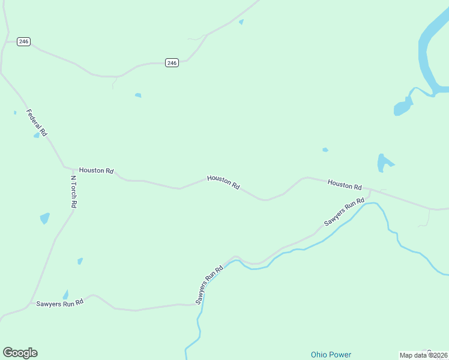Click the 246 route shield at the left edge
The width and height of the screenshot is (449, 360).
pos(23,41)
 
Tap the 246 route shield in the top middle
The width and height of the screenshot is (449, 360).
pos(172,62)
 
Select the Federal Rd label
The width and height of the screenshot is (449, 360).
pos(37,122)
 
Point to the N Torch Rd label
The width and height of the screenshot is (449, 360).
pos(73,191)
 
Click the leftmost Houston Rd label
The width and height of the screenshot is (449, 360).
pos(96,171)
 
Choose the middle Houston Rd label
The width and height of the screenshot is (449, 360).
pos(223,182)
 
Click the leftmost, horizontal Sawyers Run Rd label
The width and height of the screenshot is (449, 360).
pos(59,304)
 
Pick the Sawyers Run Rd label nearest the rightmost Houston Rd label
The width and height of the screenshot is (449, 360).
pos(345,212)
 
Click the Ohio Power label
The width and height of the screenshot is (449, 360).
pos(331,355)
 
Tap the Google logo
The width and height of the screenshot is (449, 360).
pos(20,353)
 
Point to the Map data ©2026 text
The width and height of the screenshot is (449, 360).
pos(423,355)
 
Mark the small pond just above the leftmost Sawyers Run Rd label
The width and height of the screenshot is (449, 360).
pos(65,294)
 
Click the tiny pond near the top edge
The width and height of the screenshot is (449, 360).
pos(241,22)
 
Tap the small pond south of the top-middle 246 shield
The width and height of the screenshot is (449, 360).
pos(138,95)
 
